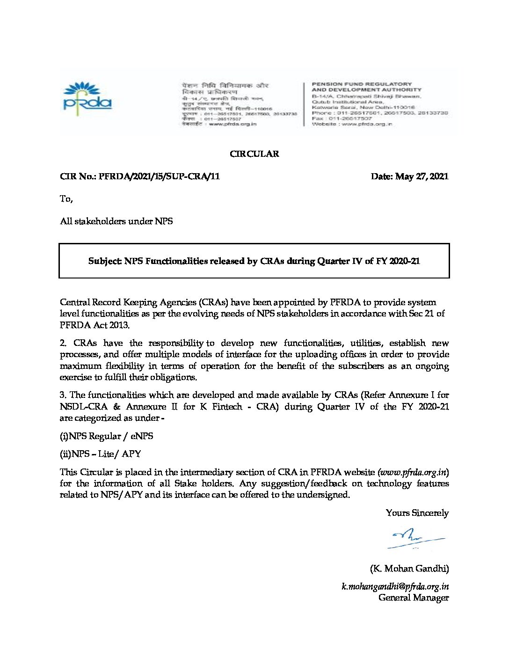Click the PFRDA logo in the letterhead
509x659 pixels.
coord(87,97)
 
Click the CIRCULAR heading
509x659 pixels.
coord(254,154)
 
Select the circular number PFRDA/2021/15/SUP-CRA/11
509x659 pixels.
coord(159,176)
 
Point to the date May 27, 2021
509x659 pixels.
coord(422,176)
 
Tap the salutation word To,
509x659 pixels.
coord(66,199)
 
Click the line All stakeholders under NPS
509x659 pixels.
coord(116,221)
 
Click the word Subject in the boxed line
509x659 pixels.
coord(105,261)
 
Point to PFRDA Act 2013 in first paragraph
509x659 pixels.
coord(94,325)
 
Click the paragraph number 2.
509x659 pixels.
coord(63,343)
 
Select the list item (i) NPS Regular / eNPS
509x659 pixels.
coord(107,436)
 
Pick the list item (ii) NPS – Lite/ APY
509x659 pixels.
coord(101,454)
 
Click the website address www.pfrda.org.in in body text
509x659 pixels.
coord(413,472)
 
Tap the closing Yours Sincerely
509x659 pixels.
coord(417,513)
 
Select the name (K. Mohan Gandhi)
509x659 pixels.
coord(409,569)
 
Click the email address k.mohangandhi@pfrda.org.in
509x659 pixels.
coord(395,586)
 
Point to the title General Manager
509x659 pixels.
coord(414,598)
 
